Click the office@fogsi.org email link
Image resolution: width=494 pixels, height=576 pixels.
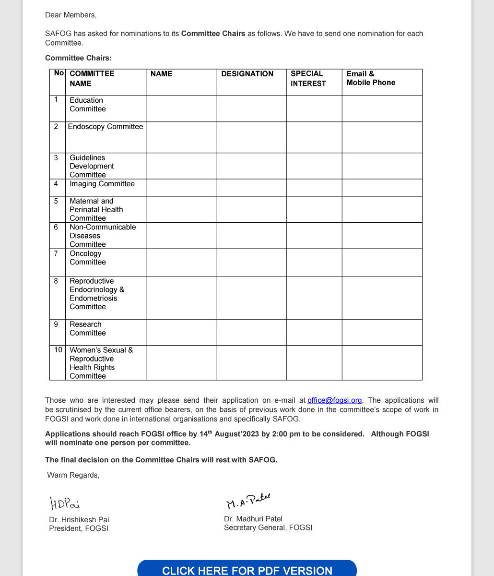click(334, 400)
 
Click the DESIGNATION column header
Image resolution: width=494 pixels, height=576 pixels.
click(247, 74)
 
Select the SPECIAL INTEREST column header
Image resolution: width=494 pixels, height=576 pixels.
click(308, 79)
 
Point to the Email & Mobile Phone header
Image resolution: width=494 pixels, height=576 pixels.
click(371, 78)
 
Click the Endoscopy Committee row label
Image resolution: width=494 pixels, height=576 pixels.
click(106, 127)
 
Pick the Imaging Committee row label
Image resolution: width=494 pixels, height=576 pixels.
click(102, 184)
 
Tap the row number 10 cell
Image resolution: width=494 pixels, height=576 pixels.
click(58, 350)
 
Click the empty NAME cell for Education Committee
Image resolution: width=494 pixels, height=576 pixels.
click(181, 108)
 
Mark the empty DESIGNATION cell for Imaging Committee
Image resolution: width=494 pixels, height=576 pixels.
click(251, 188)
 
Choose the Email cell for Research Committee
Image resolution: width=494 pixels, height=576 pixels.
click(382, 332)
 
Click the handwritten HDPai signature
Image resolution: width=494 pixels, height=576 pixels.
click(65, 503)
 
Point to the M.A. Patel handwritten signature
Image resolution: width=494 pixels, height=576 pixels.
click(248, 501)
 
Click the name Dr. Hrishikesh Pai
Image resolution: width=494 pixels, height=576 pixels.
click(79, 520)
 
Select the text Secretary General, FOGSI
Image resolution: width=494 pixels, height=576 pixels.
click(268, 528)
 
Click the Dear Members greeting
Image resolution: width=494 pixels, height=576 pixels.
click(71, 15)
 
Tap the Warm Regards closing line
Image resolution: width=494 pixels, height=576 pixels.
click(73, 475)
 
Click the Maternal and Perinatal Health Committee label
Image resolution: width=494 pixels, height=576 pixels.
click(96, 210)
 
